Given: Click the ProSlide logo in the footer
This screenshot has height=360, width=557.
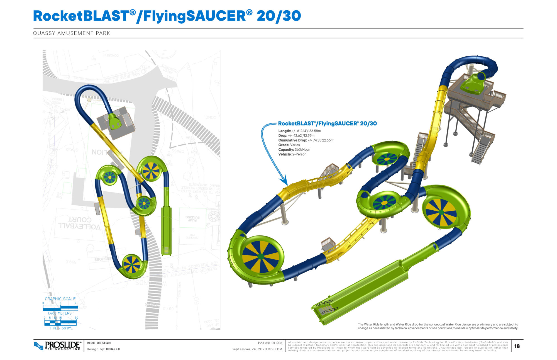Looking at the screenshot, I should pos(57,346).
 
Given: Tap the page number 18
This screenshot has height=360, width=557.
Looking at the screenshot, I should pos(517,346).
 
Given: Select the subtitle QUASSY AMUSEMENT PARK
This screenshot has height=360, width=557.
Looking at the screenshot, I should pos(72,33).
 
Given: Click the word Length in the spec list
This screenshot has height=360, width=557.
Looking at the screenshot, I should pos(284,131).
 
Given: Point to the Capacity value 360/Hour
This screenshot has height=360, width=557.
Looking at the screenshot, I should pos(302,150).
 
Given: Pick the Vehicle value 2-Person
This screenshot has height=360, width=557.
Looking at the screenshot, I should pos(299,154).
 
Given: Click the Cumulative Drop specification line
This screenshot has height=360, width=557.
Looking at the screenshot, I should pos(306,140).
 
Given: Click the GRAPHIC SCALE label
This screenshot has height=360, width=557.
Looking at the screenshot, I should pos(60,299).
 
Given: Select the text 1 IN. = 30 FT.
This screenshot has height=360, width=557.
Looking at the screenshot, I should pos(61,328).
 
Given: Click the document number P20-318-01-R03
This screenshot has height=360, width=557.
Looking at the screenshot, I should pos(270,343).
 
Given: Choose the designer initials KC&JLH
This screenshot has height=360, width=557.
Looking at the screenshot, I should pos(113,349).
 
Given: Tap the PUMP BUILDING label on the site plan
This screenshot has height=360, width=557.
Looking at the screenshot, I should pos(192,219).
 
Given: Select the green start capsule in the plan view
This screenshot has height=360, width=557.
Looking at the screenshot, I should pos(114,121).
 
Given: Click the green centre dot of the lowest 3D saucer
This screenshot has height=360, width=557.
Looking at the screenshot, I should pos(261,256).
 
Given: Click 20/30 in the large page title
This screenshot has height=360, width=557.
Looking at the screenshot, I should pos(279,16).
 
